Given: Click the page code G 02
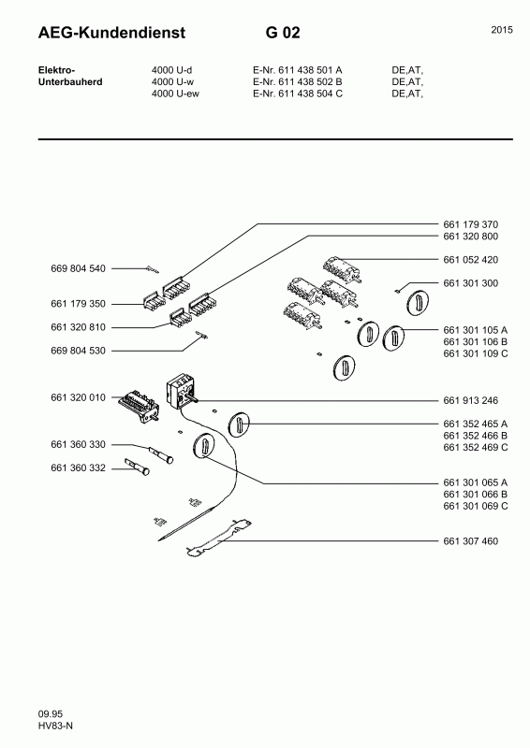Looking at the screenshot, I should (283, 34).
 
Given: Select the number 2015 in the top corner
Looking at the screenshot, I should (501, 30).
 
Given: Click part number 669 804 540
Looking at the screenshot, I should (78, 268).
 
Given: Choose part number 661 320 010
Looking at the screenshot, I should (78, 397).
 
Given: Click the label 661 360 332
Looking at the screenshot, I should (78, 467).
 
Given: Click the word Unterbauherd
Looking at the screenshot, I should (69, 81).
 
